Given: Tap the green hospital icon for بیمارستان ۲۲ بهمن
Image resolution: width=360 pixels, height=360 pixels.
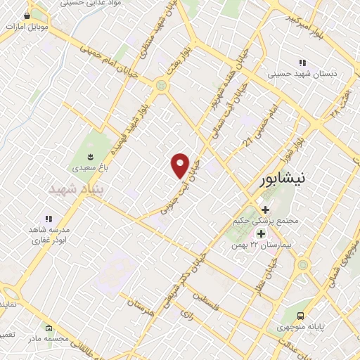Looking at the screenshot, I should coord(261,233).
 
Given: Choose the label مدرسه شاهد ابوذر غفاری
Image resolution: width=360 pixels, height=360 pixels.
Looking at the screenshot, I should coord(49,235).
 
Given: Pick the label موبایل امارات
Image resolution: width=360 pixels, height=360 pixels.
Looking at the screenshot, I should coord(27,26).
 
